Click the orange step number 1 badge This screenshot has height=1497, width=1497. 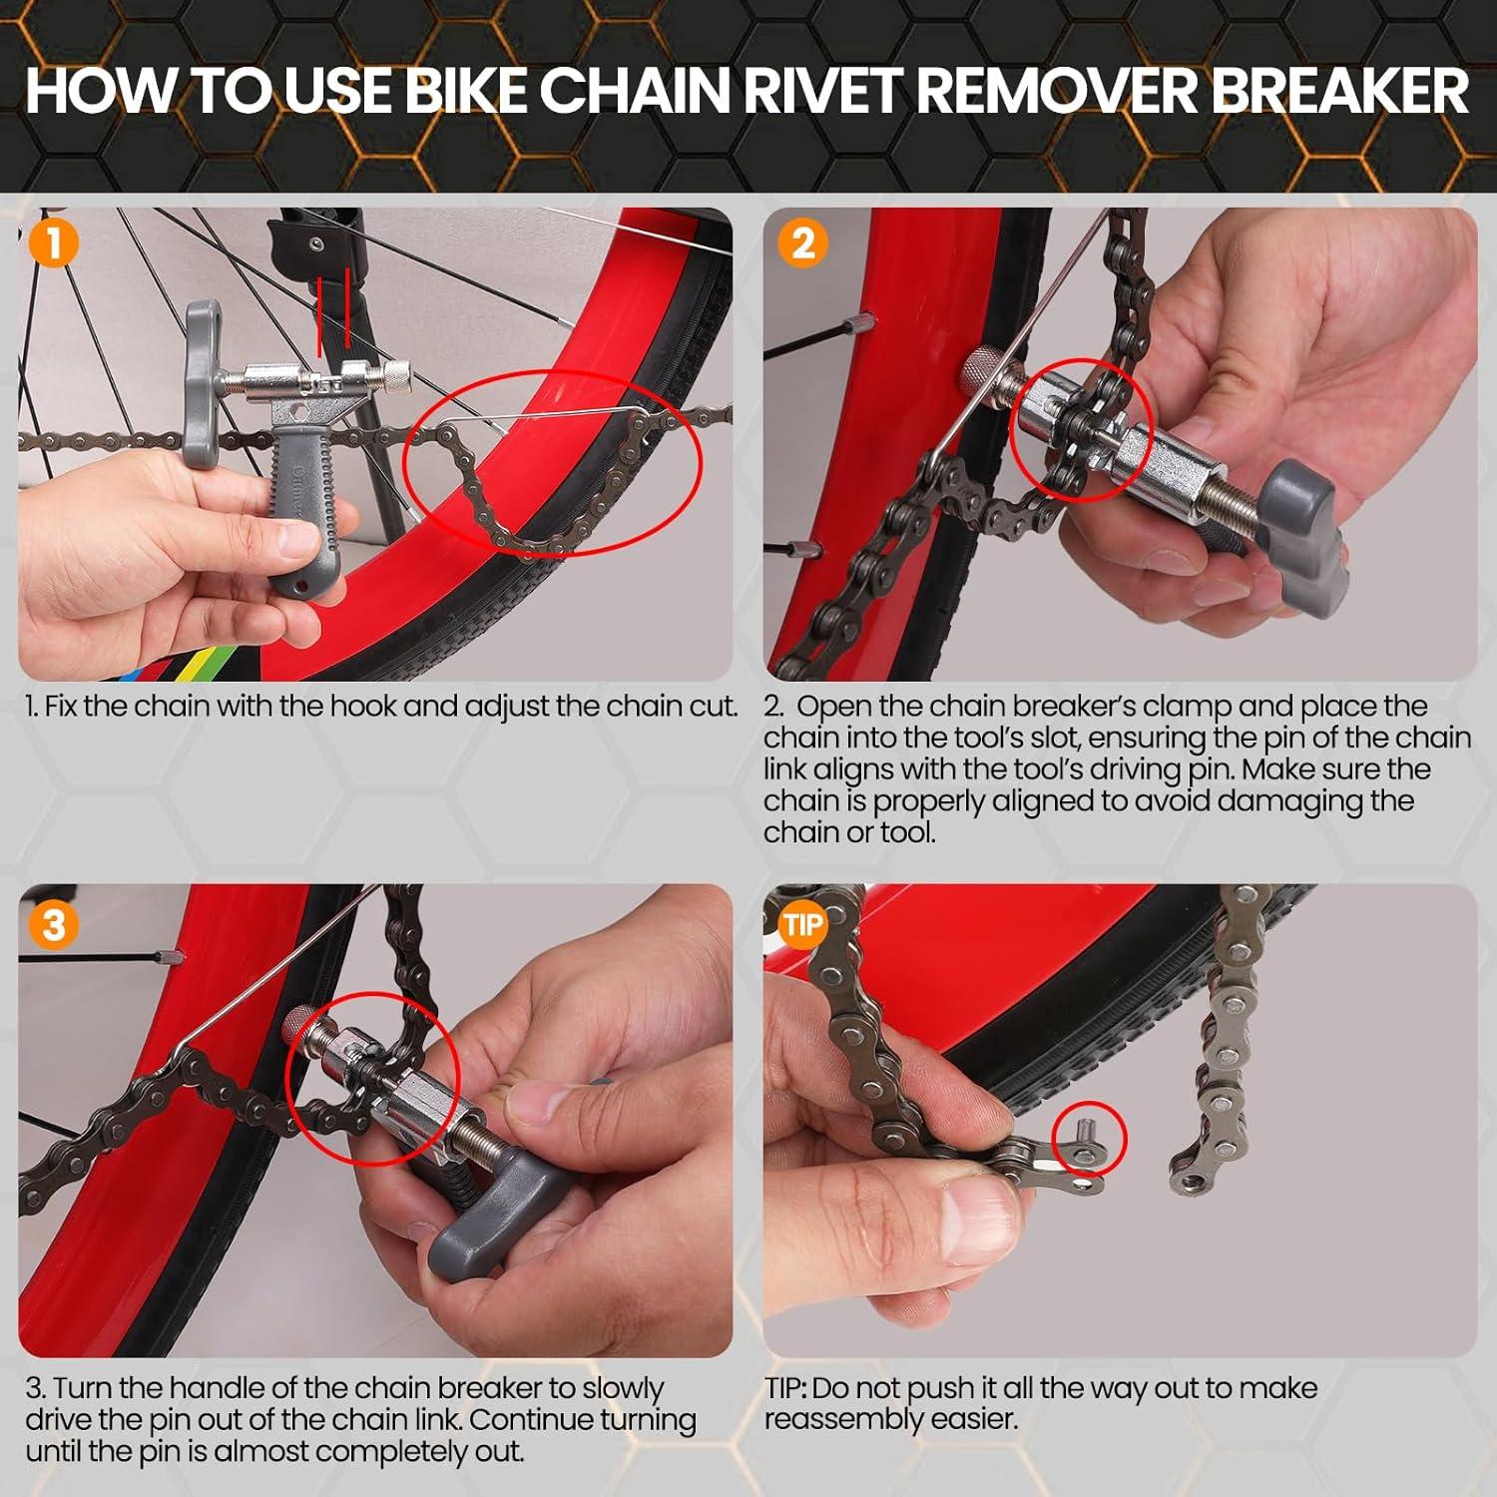click(53, 244)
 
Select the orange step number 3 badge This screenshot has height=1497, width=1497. click(53, 924)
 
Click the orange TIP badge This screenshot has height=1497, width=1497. click(802, 924)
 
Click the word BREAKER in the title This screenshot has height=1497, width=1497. click(1338, 92)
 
